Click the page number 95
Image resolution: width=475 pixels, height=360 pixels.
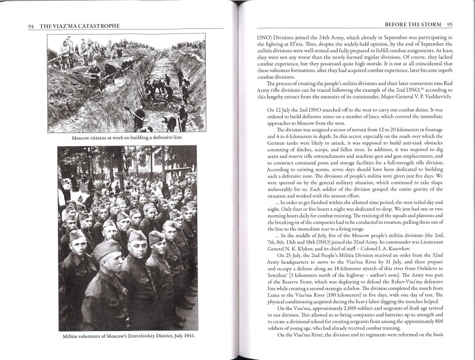click(x=449, y=24)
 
